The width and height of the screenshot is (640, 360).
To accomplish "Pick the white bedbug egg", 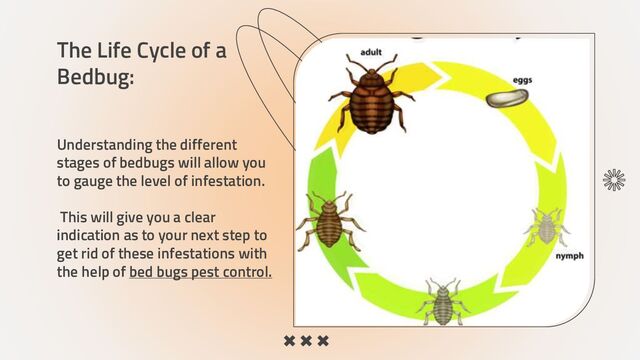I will pyautogui.click(x=507, y=99).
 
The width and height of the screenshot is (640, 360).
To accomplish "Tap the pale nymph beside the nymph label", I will pyautogui.click(x=545, y=226).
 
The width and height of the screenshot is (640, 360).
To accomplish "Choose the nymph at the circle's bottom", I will pyautogui.click(x=441, y=300).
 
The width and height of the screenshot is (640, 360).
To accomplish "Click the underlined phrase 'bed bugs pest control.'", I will pyautogui.click(x=200, y=272).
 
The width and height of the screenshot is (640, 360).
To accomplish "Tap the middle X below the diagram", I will pyautogui.click(x=306, y=342).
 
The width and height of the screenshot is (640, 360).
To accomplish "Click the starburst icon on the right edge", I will pyautogui.click(x=613, y=179).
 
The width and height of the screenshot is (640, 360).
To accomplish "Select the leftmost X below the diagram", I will pyautogui.click(x=289, y=342).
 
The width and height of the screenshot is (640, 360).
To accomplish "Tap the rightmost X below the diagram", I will pyautogui.click(x=323, y=342).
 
